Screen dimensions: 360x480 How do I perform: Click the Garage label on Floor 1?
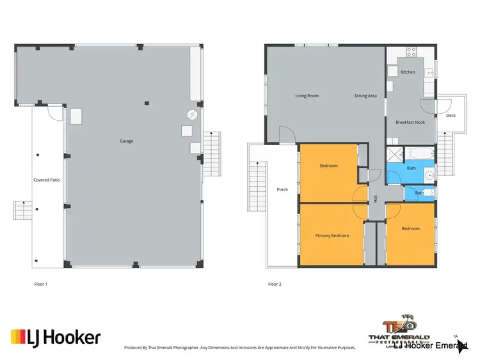click(126, 141)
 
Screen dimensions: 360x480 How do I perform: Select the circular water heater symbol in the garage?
click(191, 115)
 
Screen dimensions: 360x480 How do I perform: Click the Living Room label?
click(307, 96)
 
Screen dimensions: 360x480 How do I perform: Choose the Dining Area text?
click(365, 96)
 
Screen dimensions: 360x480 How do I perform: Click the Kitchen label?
click(408, 72)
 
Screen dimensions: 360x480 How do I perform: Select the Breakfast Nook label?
click(410, 121)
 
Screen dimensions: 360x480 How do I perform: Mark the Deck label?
click(451, 116)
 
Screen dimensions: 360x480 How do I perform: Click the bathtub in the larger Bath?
click(419, 154)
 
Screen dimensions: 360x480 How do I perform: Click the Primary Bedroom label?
click(332, 235)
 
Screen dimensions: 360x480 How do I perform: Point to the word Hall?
click(375, 198)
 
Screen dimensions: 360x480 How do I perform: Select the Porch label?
click(282, 190)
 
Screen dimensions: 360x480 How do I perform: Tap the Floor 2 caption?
click(275, 283)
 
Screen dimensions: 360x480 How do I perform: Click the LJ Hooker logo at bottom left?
click(56, 337)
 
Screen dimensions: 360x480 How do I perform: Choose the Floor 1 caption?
click(41, 283)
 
